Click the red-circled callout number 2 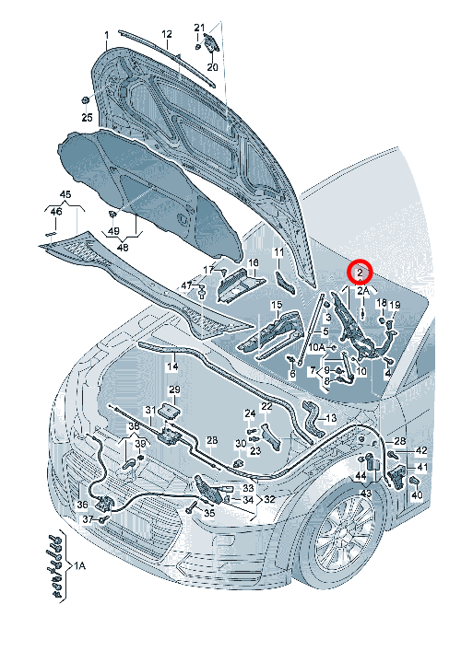coord(360,273)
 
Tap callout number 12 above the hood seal coord(167,34)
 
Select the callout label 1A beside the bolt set coord(80,565)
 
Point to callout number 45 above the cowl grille coord(65,194)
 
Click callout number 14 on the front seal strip coord(173,366)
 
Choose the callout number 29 coord(174,389)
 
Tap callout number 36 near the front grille coord(82,505)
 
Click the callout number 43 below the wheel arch coord(365,494)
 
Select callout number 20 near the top coord(212,67)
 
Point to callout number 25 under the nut coord(87,118)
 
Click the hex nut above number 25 coord(85,100)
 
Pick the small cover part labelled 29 coord(169,411)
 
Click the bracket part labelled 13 coord(313,418)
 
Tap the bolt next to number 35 coord(192,507)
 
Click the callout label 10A coord(316,346)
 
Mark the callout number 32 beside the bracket coord(269,499)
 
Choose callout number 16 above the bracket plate coord(253,262)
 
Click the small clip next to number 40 coord(415,481)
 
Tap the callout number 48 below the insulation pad coord(123,248)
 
